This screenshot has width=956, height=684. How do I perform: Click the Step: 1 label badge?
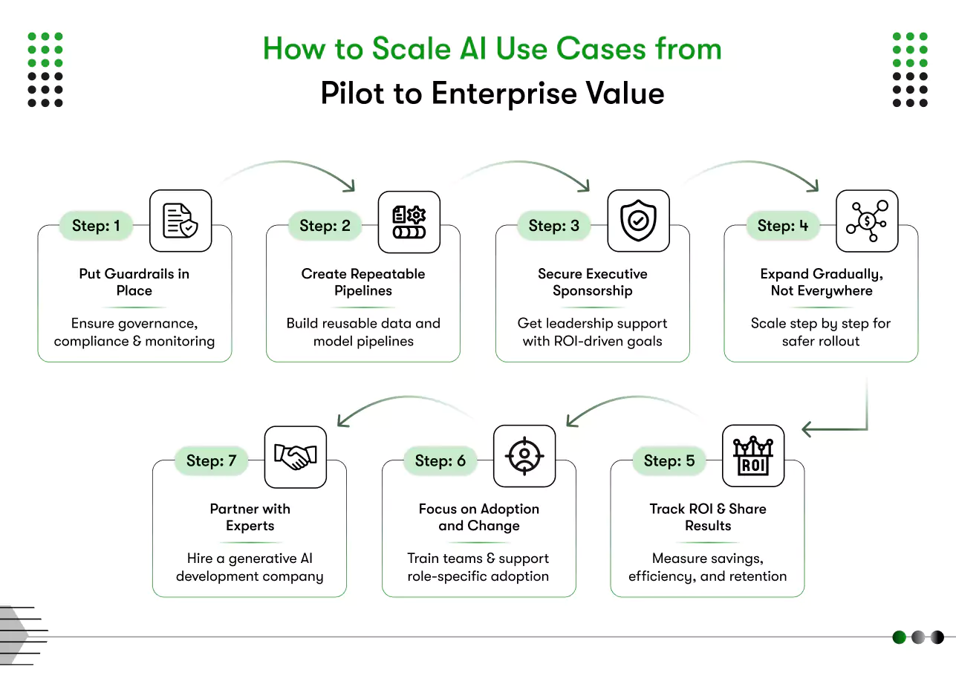click(x=96, y=226)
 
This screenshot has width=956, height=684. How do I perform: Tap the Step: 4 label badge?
click(x=782, y=226)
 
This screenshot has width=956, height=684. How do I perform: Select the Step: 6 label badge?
click(x=440, y=460)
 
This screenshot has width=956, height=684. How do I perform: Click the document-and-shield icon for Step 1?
click(x=181, y=221)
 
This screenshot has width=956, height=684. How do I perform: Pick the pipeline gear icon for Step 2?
click(x=409, y=221)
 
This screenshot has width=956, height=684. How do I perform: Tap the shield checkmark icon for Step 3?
click(x=638, y=221)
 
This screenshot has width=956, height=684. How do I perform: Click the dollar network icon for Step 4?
click(x=867, y=221)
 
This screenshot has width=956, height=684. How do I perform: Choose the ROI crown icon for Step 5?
click(x=753, y=456)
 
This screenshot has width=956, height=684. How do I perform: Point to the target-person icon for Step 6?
click(x=524, y=456)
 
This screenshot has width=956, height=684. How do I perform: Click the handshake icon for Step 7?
click(x=295, y=456)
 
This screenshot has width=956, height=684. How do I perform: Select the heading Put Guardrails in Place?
click(x=134, y=282)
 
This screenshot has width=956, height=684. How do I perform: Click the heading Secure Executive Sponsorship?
click(x=592, y=282)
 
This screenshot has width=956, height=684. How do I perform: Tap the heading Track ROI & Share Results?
click(x=707, y=517)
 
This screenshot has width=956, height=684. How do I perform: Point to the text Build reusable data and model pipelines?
click(x=363, y=332)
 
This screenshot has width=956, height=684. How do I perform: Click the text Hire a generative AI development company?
click(x=250, y=567)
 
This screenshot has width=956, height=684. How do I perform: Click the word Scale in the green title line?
click(x=411, y=50)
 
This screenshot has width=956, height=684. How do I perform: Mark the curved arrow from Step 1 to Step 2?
click(x=293, y=169)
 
